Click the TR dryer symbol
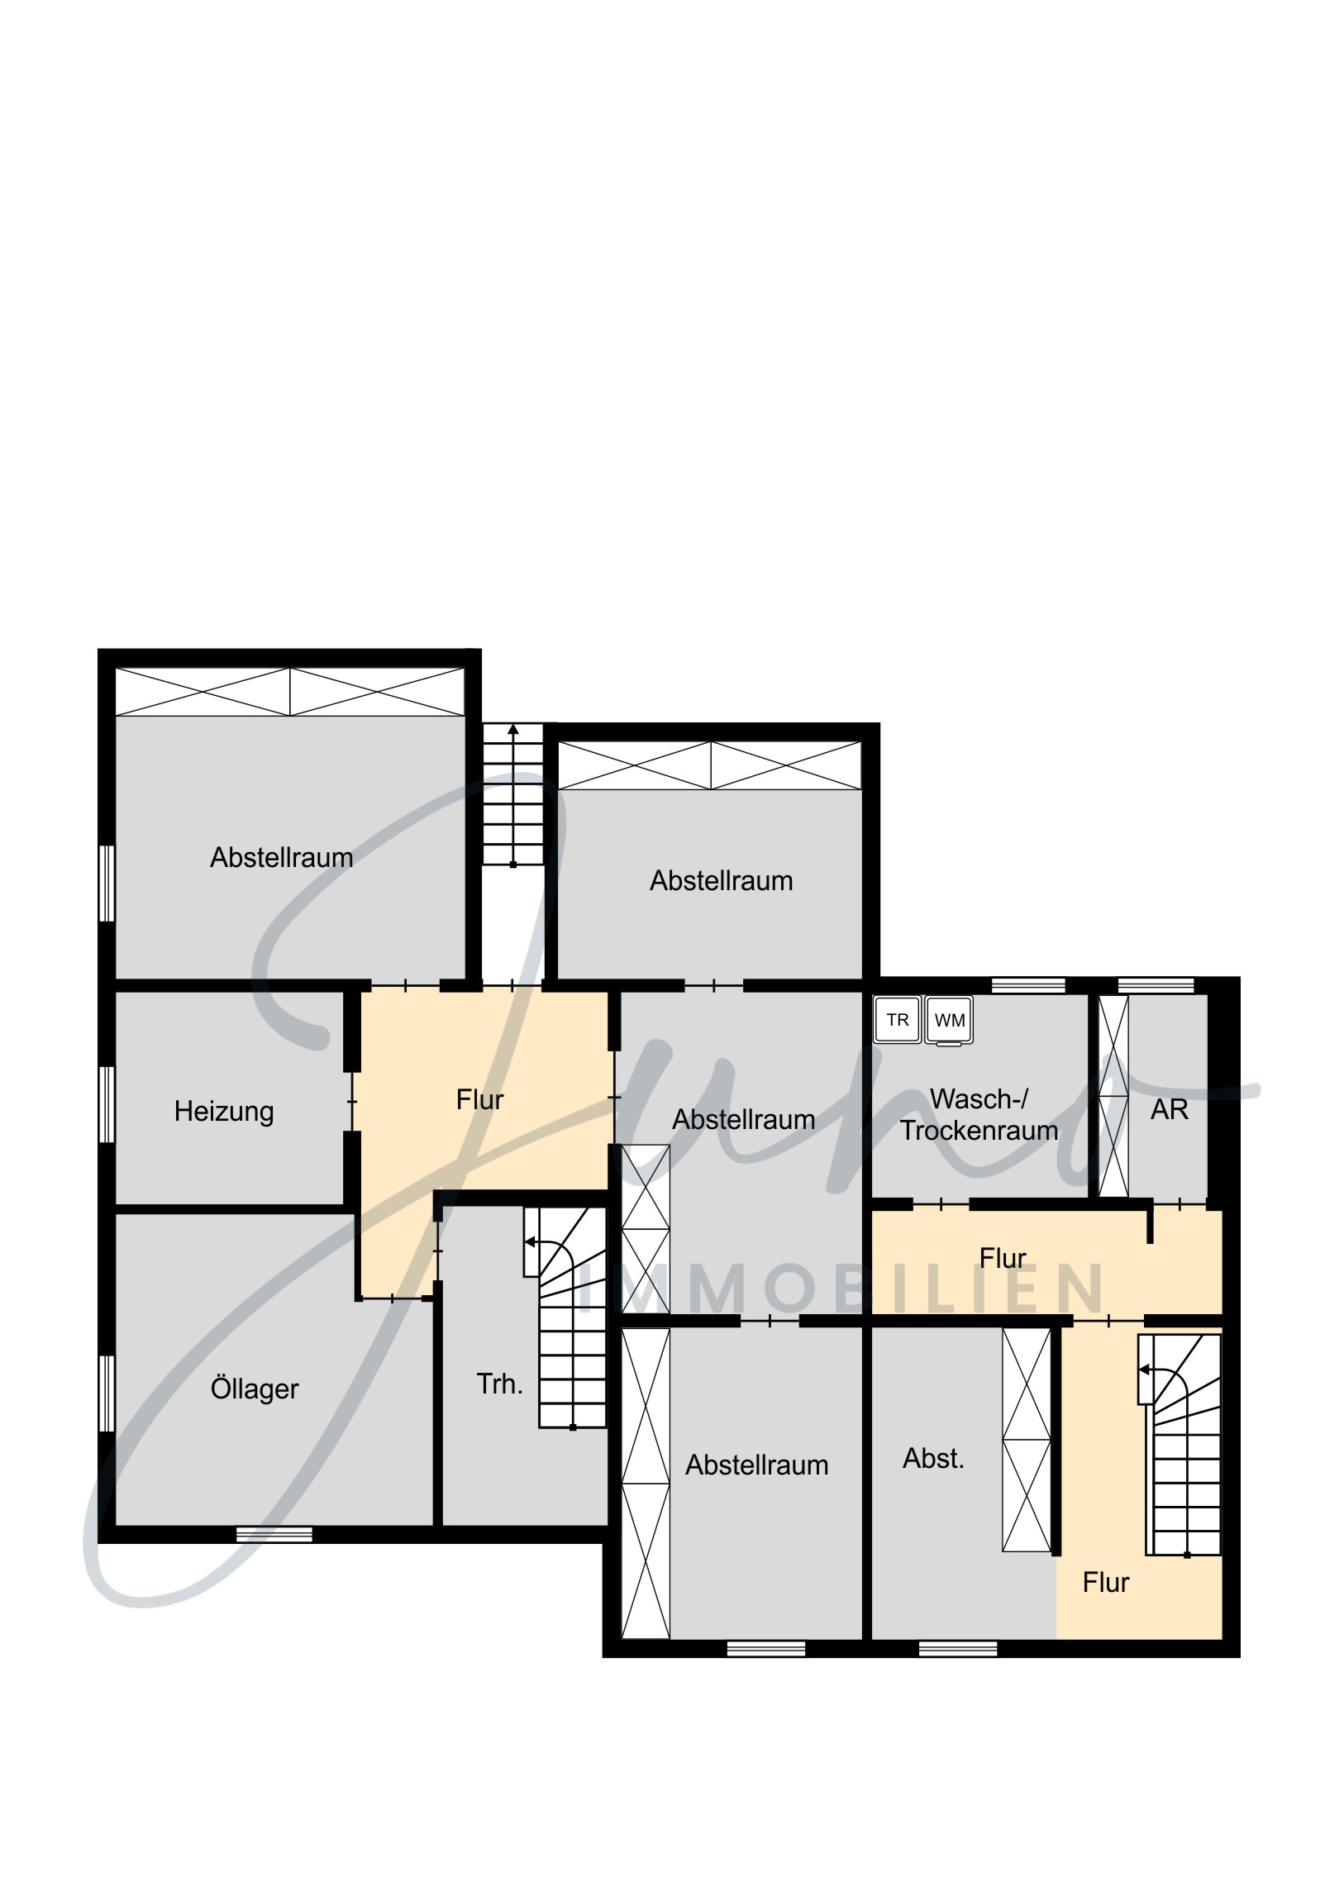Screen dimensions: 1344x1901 tap(898, 1019)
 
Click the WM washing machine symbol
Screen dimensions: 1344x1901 tap(949, 1020)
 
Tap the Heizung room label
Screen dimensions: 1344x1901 tap(223, 1111)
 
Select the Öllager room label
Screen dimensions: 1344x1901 tap(255, 1388)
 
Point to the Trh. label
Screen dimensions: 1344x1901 tap(499, 1384)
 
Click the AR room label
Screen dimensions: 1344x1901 tap(1170, 1109)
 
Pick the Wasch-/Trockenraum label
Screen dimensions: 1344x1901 tap(979, 1114)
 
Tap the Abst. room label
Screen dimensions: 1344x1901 tap(933, 1458)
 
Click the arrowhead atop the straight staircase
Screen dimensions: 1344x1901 tap(513, 730)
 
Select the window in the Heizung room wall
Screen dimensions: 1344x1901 tap(107, 1104)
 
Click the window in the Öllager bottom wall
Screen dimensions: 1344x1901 tap(274, 1534)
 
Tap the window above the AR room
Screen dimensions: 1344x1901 tap(1156, 985)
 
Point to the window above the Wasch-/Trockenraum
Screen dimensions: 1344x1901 tap(1028, 985)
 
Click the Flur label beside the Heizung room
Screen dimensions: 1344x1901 tap(479, 1099)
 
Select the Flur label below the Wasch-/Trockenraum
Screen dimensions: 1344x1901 tap(1003, 1259)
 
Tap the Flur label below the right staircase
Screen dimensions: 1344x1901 tap(1105, 1582)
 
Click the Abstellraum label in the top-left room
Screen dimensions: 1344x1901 tap(282, 857)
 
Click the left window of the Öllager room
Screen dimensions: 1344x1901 tap(107, 1393)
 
